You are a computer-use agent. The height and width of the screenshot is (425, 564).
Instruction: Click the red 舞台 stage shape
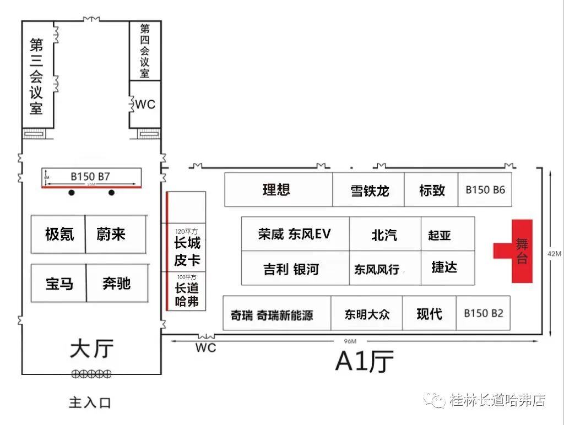521,251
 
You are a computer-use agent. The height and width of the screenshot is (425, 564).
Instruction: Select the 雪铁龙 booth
368,190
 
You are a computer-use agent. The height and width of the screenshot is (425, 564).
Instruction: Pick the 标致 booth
431,190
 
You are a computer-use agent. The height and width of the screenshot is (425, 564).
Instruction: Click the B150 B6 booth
485,190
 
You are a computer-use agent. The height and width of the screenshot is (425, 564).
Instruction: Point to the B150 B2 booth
483,313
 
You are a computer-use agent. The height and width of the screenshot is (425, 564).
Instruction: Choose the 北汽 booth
384,235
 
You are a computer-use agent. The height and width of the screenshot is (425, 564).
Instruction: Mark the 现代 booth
429,314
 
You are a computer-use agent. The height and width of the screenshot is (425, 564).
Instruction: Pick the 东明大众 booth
367,314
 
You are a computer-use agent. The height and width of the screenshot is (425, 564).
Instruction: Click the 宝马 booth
59,284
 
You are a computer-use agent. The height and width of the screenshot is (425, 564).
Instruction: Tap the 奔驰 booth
117,284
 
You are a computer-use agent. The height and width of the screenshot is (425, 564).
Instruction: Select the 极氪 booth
58,235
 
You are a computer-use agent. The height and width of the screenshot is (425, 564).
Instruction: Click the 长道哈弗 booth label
187,295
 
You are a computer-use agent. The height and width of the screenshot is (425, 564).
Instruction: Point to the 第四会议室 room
145,51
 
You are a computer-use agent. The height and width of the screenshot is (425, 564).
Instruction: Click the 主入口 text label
90,402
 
